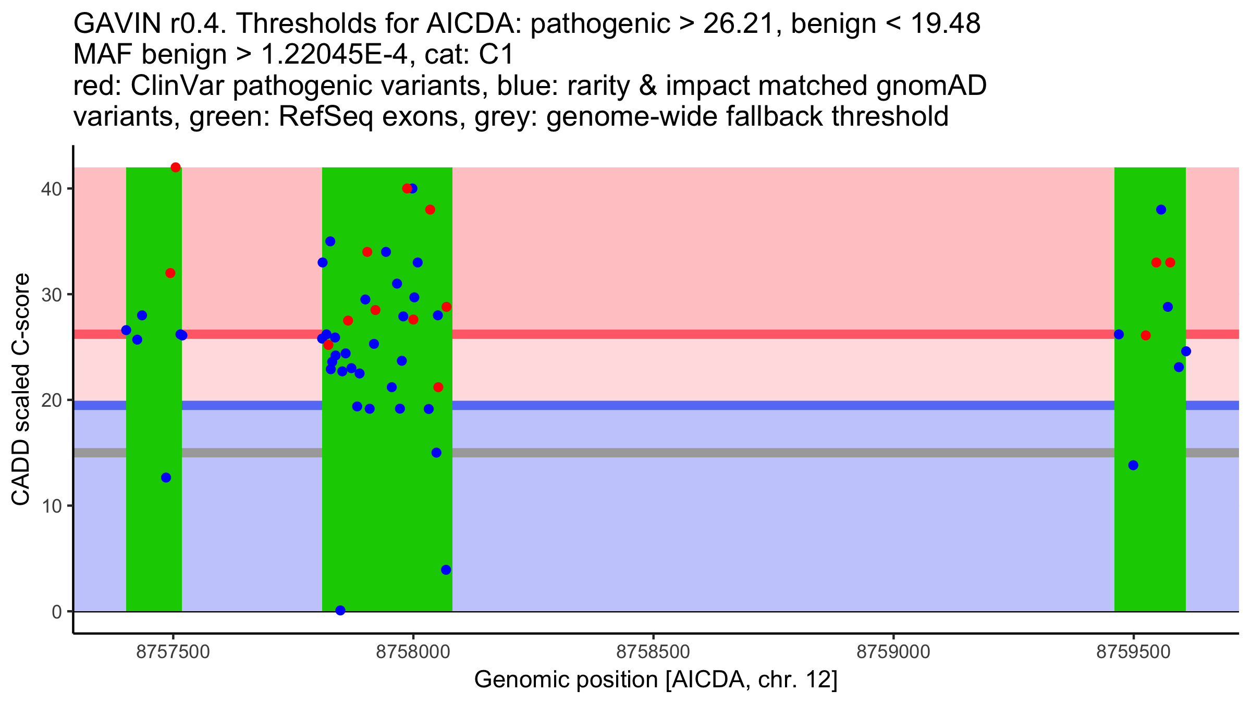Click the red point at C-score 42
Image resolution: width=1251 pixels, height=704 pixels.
(x=176, y=167)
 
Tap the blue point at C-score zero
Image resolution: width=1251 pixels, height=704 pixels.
(x=340, y=610)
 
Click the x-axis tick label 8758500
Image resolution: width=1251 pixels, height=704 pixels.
(x=653, y=652)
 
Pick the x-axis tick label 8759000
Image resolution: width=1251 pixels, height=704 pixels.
(x=893, y=652)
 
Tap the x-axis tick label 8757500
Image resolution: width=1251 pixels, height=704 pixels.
(x=173, y=652)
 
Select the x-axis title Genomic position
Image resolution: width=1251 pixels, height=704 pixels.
(x=655, y=680)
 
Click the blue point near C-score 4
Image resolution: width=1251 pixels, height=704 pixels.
(x=446, y=570)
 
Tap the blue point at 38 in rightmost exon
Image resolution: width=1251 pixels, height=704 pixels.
(x=1161, y=210)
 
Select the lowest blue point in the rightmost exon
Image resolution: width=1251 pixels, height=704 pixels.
(x=1133, y=465)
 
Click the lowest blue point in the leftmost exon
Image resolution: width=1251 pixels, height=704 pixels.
(x=166, y=478)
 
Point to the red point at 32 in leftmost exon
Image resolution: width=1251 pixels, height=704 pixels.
(x=170, y=273)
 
